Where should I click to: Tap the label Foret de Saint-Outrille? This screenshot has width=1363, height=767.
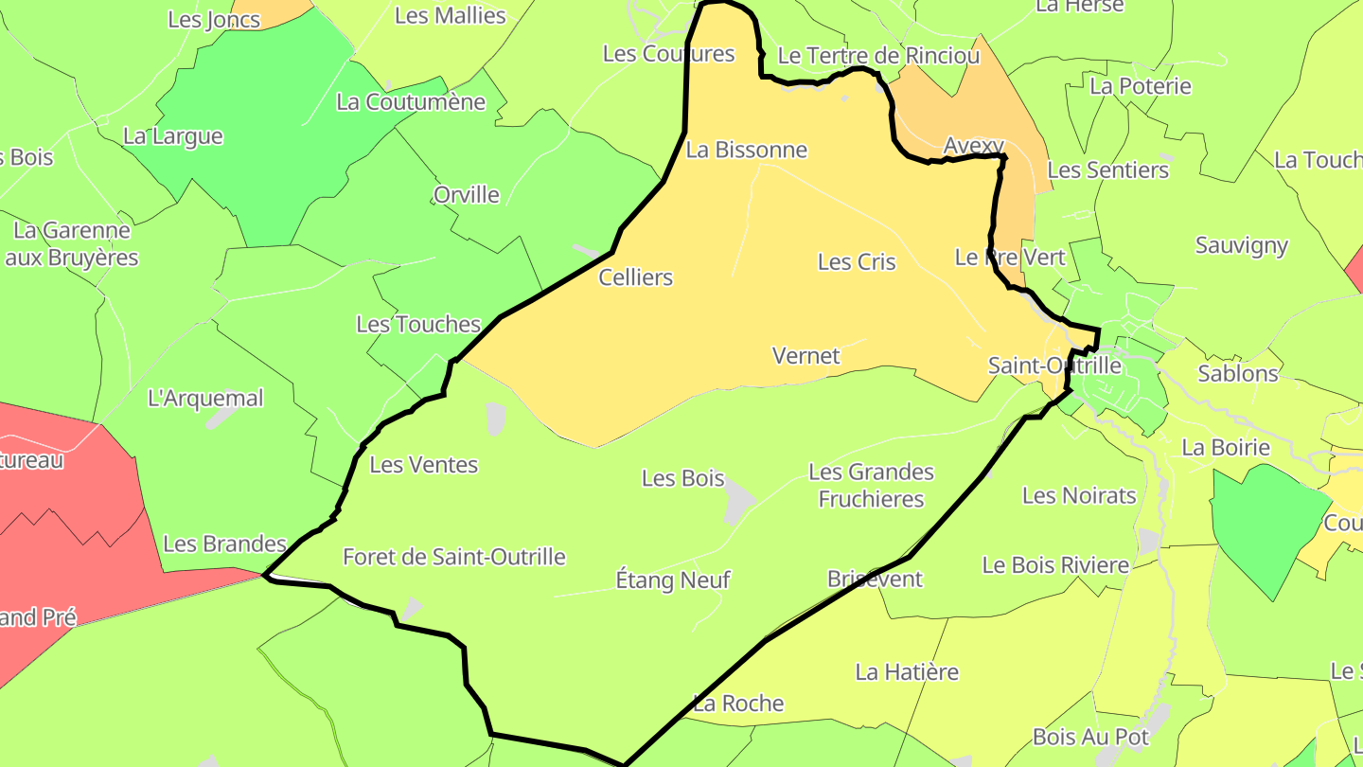[x=454, y=557]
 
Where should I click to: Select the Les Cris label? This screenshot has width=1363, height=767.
[x=857, y=262]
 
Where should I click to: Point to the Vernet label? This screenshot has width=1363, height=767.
[x=806, y=356]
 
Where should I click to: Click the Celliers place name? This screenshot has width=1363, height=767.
[x=636, y=277]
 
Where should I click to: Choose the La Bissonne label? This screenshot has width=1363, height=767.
[x=747, y=150]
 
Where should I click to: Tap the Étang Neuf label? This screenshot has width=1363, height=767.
[x=673, y=580]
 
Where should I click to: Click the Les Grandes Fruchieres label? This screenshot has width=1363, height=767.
[x=871, y=485]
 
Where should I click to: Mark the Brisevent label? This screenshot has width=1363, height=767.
[x=875, y=579]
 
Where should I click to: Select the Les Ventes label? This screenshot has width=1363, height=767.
[x=424, y=465]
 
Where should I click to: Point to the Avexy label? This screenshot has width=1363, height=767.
[x=974, y=146]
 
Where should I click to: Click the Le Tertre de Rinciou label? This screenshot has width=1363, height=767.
[x=878, y=56]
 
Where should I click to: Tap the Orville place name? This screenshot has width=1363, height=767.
[x=467, y=195]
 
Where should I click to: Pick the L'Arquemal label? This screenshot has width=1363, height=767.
[x=206, y=399]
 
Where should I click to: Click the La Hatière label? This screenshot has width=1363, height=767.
[x=907, y=672]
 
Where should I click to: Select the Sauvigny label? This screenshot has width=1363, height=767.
[x=1242, y=246]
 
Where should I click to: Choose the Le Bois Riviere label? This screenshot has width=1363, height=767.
[x=1055, y=565]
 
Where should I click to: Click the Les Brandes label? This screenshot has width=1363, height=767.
[x=224, y=544]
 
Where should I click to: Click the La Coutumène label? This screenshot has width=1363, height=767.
[x=411, y=102]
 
